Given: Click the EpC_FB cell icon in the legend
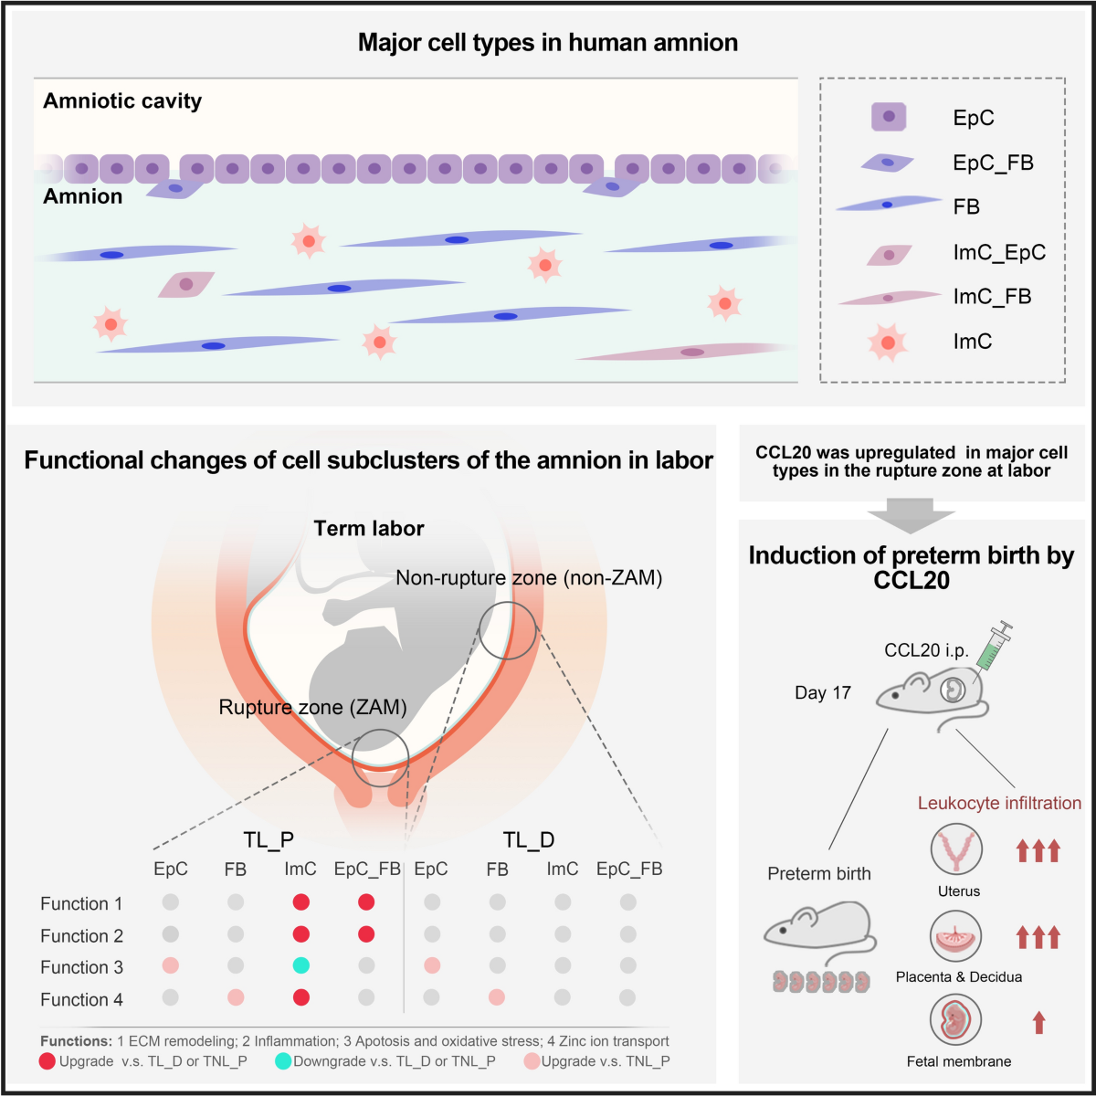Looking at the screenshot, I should [x=887, y=163].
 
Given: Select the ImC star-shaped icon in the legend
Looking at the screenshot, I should [x=887, y=342].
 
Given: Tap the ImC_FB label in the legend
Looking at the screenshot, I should [x=992, y=297].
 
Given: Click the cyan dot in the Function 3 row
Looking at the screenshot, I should [x=300, y=965].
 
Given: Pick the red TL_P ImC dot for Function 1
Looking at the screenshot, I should [x=300, y=902].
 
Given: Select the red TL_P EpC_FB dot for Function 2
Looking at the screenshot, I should [x=366, y=934].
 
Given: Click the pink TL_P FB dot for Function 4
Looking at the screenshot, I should [x=236, y=997].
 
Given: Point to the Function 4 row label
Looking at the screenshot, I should [x=81, y=999].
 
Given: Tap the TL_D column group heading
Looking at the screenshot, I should [x=529, y=840].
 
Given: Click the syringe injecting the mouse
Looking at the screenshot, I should [x=993, y=648].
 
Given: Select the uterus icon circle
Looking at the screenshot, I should [x=956, y=849].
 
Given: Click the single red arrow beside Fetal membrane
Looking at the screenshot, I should [x=1038, y=1022].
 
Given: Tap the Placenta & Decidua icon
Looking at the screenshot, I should [x=956, y=937].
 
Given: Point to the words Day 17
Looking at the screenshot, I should [x=822, y=693].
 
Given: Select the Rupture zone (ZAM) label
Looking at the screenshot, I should [x=312, y=707].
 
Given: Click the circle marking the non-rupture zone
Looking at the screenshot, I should [x=508, y=630].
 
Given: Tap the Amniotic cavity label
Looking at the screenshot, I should [x=122, y=101].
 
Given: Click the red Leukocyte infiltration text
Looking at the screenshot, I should [x=999, y=804].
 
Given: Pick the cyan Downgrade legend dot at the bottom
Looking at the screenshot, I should [x=283, y=1061].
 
